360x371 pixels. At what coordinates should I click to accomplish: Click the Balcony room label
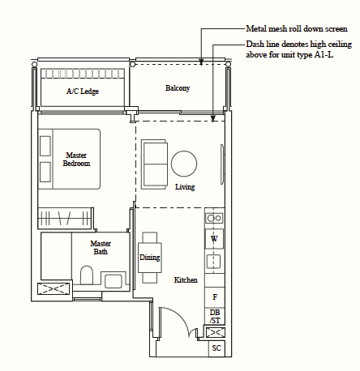pos(178,88)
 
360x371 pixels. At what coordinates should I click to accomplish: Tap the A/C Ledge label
pos(83,92)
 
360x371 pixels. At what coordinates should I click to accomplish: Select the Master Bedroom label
pos(76,160)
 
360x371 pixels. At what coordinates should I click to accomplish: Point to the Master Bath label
pos(101,248)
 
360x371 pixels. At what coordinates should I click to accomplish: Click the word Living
pos(185,187)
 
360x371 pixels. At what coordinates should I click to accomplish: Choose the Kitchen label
pos(186,280)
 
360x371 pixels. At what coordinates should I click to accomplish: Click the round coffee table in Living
pos(184,164)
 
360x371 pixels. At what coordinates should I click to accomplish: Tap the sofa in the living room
pos(154,164)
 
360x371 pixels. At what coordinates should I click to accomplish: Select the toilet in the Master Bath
pos(87,275)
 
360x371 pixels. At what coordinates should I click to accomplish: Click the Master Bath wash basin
pos(114,281)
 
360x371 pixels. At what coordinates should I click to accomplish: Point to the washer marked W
pos(214,239)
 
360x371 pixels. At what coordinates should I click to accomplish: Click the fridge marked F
pos(215,297)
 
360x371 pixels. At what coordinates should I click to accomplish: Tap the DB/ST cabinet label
pos(215,317)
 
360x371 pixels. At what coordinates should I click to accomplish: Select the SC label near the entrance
pos(216,348)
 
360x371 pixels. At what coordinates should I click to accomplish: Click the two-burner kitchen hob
pos(214,218)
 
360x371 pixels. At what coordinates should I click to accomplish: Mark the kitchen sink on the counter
pos(213,262)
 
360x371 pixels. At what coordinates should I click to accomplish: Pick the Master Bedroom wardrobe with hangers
pos(65,218)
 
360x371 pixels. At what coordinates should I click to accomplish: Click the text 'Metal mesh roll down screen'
pos(297,29)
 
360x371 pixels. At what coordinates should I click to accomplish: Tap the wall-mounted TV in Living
pos(222,164)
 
